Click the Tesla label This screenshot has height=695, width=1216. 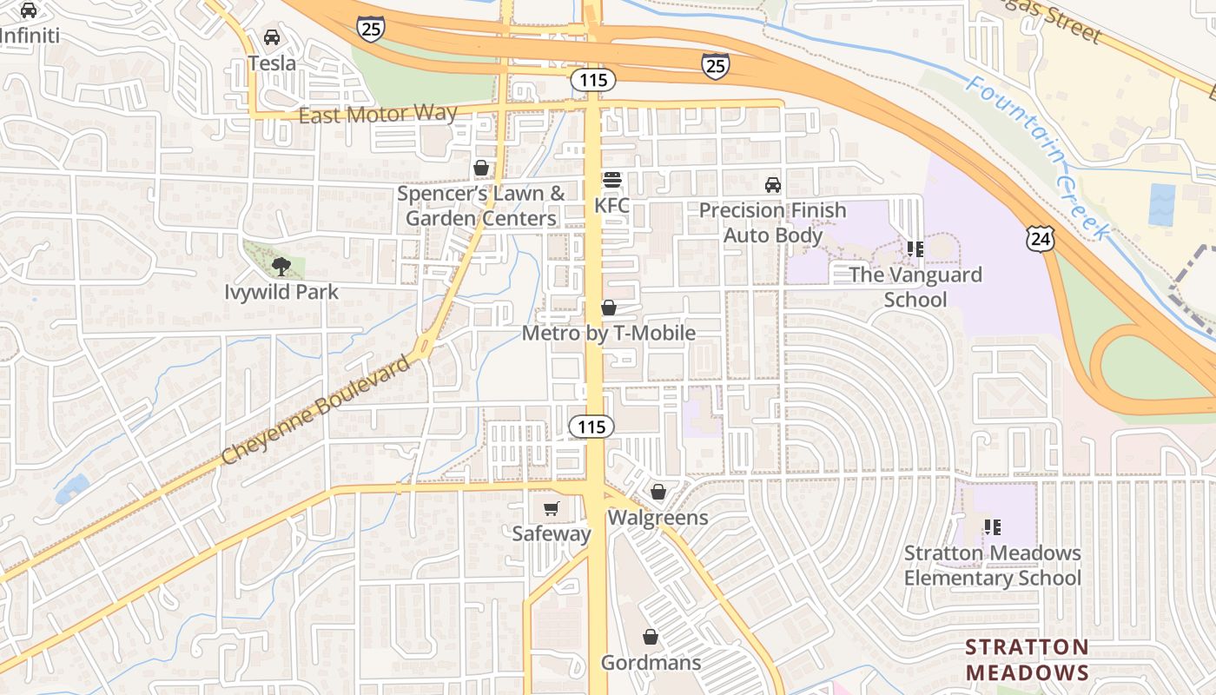(x=272, y=63)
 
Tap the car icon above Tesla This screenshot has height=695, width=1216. (x=272, y=37)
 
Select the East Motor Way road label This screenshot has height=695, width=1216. (x=378, y=115)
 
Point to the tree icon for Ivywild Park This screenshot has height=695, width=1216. (x=281, y=266)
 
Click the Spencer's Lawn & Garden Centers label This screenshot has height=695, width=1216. (x=481, y=206)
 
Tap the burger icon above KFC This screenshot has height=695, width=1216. (x=612, y=181)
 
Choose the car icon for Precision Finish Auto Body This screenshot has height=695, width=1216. (x=772, y=185)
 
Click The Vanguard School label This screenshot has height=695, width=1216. (x=915, y=288)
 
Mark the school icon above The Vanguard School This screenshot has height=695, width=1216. (x=915, y=249)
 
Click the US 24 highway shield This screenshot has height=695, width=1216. (x=1040, y=236)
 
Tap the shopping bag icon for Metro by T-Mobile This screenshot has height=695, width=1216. (x=609, y=308)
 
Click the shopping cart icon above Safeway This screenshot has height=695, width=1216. (x=551, y=508)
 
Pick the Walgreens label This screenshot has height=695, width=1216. (x=658, y=518)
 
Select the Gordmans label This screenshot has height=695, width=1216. (x=651, y=663)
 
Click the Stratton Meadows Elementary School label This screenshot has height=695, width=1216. (x=993, y=566)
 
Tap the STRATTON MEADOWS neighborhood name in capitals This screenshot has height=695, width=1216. (x=1027, y=660)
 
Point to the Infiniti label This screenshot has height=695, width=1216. (x=30, y=36)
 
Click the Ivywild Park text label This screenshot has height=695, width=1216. (x=281, y=292)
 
